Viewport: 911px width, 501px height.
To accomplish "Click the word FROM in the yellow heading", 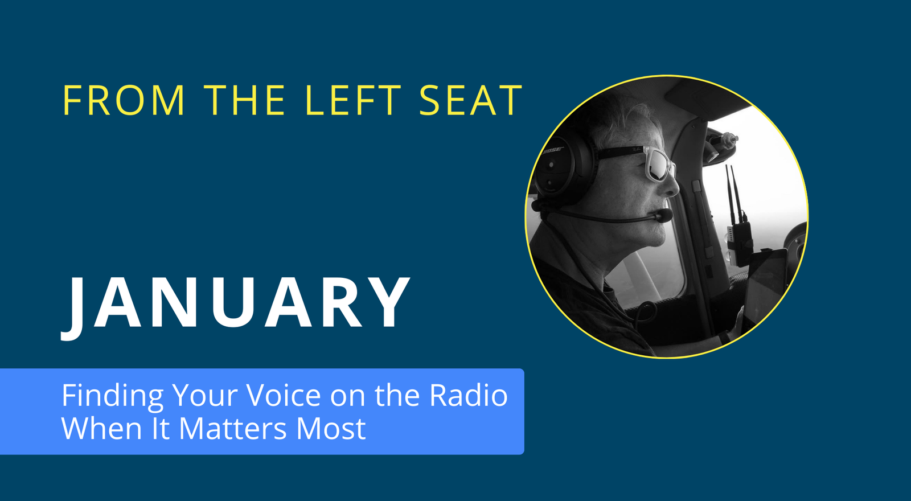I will click(124, 101).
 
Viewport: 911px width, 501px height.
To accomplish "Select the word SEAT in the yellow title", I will click(470, 101).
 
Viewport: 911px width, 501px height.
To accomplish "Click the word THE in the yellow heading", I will click(245, 101).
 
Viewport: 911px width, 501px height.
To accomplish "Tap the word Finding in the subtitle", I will click(112, 396).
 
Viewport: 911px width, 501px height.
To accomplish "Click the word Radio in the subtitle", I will click(468, 396).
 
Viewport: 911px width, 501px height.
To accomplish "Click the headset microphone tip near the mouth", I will click(664, 215).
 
